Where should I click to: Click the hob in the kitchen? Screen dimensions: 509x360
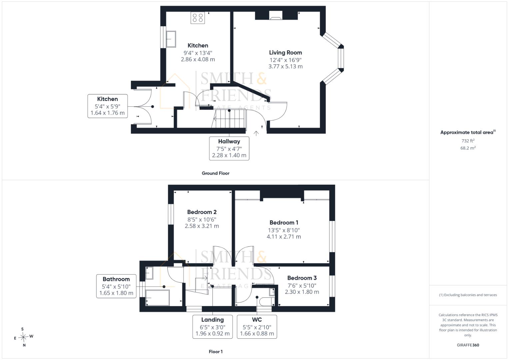[x=197, y=18]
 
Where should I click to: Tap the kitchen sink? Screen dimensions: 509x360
[x=171, y=39]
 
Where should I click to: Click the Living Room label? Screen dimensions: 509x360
[x=285, y=53]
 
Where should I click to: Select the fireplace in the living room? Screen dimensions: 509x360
[x=276, y=15]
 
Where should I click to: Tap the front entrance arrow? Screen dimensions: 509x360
[x=256, y=133]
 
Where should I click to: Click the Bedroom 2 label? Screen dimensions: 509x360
[x=202, y=212]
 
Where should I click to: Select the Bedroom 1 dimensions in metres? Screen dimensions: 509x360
[x=284, y=237]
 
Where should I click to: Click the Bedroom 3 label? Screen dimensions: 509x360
[x=302, y=278]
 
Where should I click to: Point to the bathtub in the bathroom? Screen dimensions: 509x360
[x=157, y=298]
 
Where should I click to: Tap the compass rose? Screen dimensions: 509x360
[x=23, y=337]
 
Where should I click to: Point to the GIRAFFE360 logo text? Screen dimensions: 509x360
[x=468, y=345]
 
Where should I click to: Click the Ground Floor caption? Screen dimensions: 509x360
[x=215, y=173]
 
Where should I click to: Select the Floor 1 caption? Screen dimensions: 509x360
[x=216, y=352]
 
